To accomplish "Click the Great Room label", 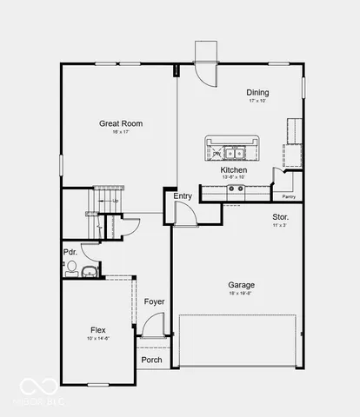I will (121, 123).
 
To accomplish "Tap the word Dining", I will (257, 93).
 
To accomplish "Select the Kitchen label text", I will (233, 169).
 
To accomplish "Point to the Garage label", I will (241, 285).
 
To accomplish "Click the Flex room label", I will (98, 330).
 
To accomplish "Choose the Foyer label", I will (154, 302).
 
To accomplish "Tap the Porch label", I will (152, 360).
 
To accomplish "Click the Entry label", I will (183, 196).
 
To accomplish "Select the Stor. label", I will (280, 216).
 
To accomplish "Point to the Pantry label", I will (289, 197).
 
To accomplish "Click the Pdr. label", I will (70, 253).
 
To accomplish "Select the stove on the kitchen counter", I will (236, 189).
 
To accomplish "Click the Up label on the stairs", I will (115, 202).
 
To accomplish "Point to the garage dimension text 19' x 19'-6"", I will (241, 294).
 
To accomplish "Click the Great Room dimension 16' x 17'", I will (121, 133).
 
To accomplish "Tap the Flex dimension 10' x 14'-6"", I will (98, 339).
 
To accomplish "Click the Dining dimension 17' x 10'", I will (257, 102).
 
